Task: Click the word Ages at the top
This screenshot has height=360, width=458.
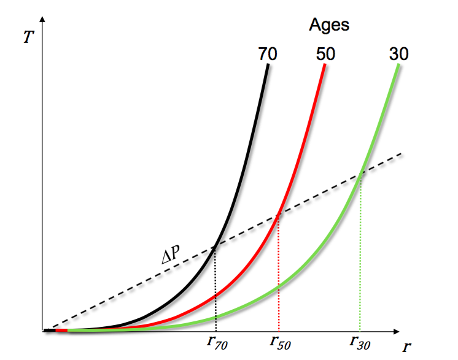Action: [328, 25]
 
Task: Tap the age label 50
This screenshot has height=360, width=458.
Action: [325, 54]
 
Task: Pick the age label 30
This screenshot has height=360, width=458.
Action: [398, 54]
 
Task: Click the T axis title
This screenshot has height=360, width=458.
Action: [28, 36]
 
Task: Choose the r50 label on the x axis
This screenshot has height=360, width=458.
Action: [279, 343]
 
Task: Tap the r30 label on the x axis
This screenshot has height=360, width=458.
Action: [360, 343]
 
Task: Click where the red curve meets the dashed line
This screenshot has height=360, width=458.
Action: [279, 215]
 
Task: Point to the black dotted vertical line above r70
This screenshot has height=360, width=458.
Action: [215, 288]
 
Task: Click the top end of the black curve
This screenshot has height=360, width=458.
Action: [268, 64]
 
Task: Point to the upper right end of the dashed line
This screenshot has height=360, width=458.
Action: [402, 154]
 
